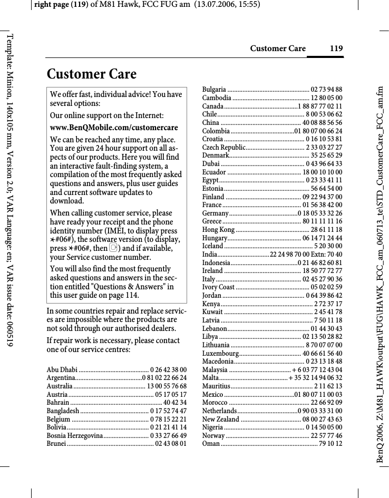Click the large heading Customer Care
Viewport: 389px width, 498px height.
click(92, 74)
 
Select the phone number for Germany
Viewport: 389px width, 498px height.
click(321, 213)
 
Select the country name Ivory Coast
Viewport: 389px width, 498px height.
click(219, 287)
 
